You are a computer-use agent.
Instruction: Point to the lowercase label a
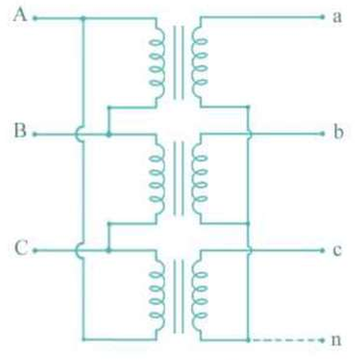click(337, 16)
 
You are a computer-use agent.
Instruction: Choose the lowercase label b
click(337, 133)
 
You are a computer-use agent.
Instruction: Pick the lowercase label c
click(337, 249)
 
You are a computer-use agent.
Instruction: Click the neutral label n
click(337, 340)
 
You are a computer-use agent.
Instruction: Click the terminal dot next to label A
click(35, 17)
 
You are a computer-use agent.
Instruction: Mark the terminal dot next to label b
click(323, 134)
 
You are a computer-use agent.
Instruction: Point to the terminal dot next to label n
click(323, 339)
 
